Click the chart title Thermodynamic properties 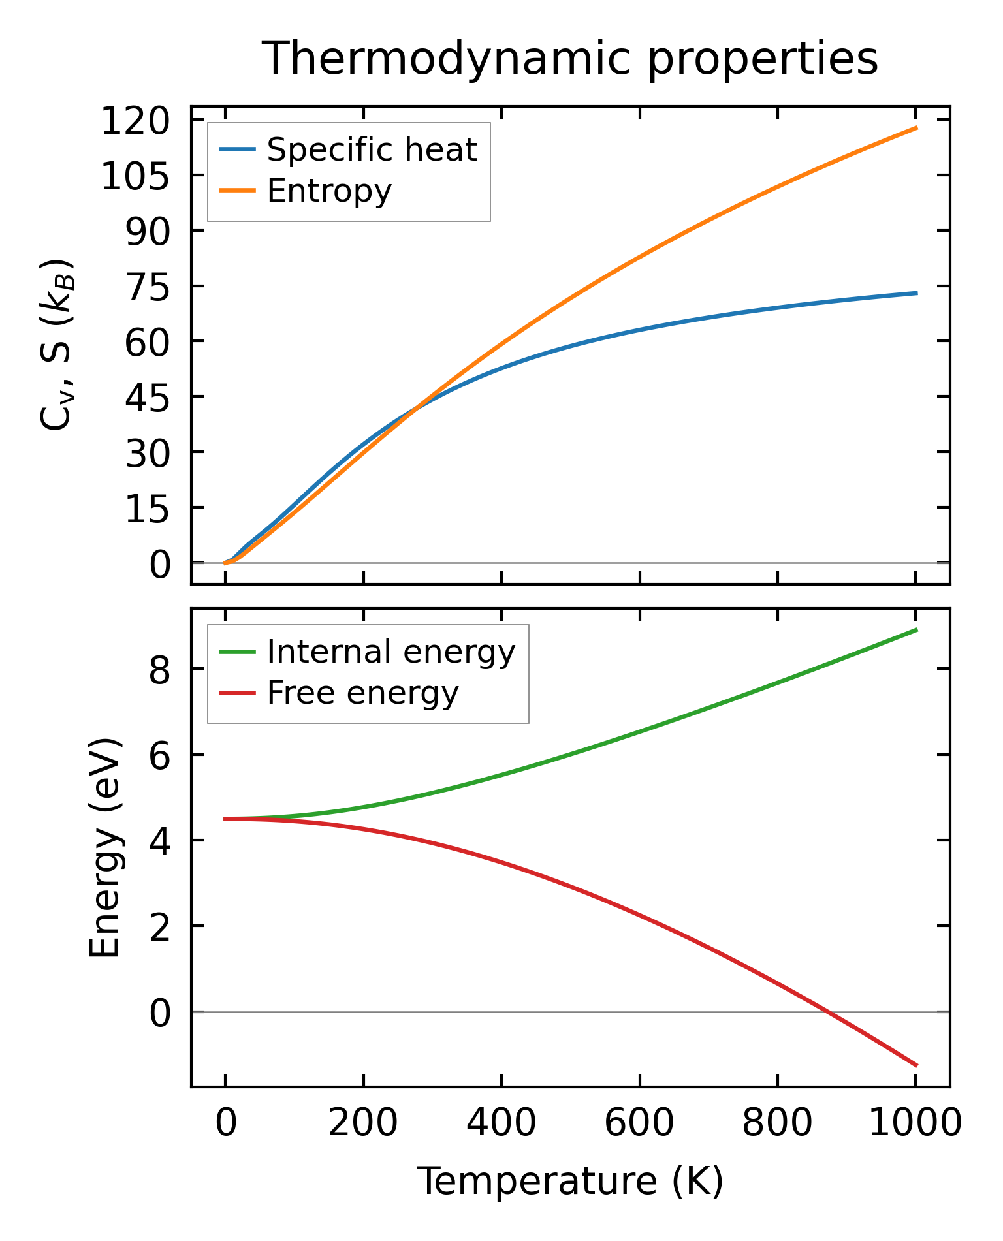tap(569, 59)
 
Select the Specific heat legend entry tap(372, 149)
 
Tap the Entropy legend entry tap(329, 191)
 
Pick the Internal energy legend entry tap(390, 652)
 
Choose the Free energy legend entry tap(362, 693)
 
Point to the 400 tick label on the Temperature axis tap(501, 1123)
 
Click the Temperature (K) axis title tap(570, 1181)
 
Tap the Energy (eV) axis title tap(105, 848)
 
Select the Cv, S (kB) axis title tap(57, 345)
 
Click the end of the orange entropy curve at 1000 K tap(916, 128)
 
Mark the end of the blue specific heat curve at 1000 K tap(916, 293)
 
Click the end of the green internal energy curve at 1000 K tap(916, 629)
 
